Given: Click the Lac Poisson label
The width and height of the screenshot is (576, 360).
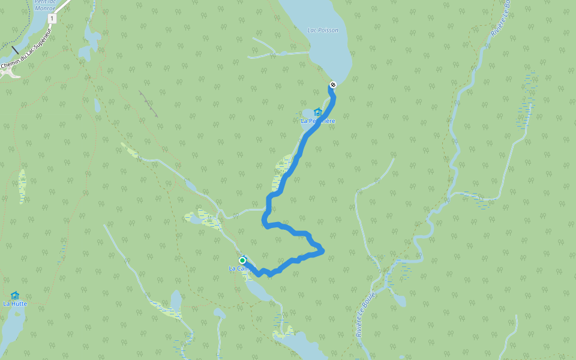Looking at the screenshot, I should click(x=322, y=30).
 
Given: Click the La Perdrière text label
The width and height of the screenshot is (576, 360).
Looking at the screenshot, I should click(x=317, y=121).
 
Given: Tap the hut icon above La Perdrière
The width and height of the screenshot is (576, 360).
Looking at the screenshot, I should click(x=317, y=112).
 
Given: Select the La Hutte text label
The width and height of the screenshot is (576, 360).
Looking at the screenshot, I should click(x=15, y=304).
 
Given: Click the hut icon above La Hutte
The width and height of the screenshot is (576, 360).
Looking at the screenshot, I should click(x=15, y=295).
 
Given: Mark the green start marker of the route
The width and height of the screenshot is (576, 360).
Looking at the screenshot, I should click(x=242, y=260).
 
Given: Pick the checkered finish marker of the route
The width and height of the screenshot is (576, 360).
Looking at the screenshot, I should click(x=333, y=85).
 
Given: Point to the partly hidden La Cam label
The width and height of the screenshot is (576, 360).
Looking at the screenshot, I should click(x=238, y=269).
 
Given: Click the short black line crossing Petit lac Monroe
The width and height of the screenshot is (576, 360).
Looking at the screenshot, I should click(x=15, y=49).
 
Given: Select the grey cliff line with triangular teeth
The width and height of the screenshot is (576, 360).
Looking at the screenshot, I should click(x=148, y=103).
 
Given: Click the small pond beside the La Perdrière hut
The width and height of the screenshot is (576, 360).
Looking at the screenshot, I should click(x=307, y=113).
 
